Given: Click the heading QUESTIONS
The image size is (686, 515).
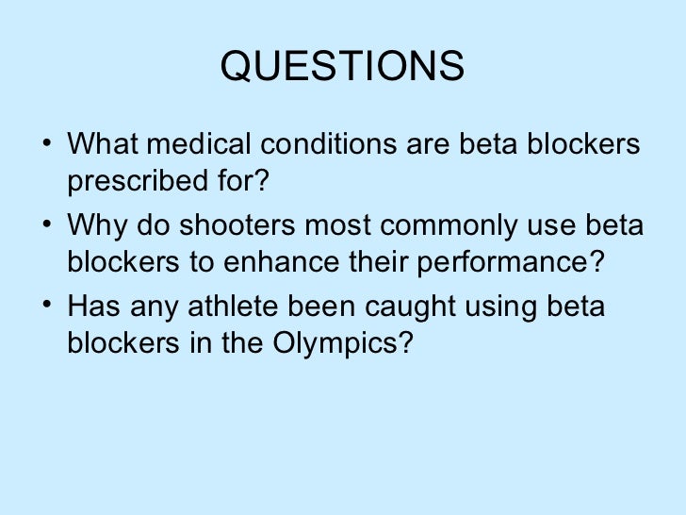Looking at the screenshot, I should [342, 66].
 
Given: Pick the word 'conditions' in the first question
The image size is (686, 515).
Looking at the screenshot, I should [320, 146].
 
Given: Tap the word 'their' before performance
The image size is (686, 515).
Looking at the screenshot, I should [384, 262].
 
